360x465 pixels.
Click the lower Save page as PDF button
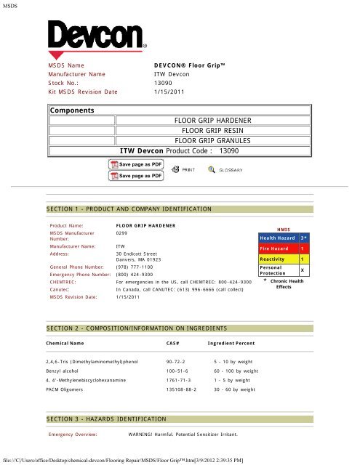coord(136,175)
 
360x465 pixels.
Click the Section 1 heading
coord(128,209)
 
